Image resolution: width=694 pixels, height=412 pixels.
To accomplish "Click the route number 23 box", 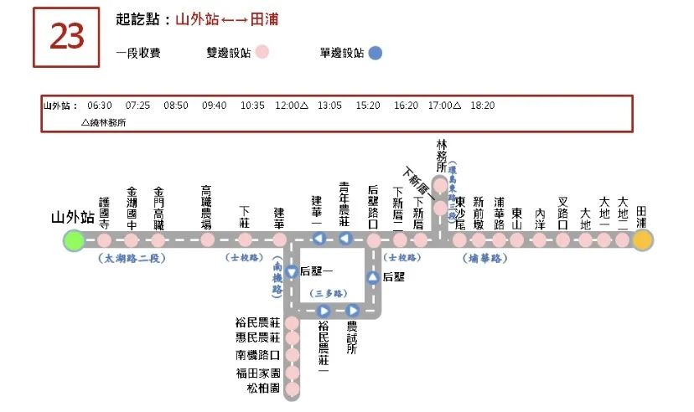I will coord(66,38).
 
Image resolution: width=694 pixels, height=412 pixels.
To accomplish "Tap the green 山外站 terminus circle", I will coord(74,241).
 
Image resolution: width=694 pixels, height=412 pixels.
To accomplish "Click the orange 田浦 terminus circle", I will coord(643,241).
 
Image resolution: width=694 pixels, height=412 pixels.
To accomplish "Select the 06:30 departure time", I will coord(100,106).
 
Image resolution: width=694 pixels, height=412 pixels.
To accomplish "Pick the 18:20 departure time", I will coord(483,106).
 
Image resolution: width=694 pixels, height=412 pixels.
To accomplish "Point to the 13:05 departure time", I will coord(329,106).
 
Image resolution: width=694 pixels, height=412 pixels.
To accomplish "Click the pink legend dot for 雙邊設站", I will coord(262,53).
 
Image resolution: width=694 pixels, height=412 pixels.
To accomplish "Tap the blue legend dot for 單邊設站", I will coord(375,53).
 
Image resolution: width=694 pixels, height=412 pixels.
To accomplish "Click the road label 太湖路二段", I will coord(132,259).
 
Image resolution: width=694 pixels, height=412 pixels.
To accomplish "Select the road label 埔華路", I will coord(485,259).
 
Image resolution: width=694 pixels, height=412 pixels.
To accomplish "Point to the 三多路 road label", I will coord(329,294).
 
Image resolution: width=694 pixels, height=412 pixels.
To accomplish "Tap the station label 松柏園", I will coord(262,389).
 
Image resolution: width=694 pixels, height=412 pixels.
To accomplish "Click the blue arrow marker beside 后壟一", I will coord(292,272).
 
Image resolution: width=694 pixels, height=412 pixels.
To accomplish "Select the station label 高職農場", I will coord(207,207).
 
